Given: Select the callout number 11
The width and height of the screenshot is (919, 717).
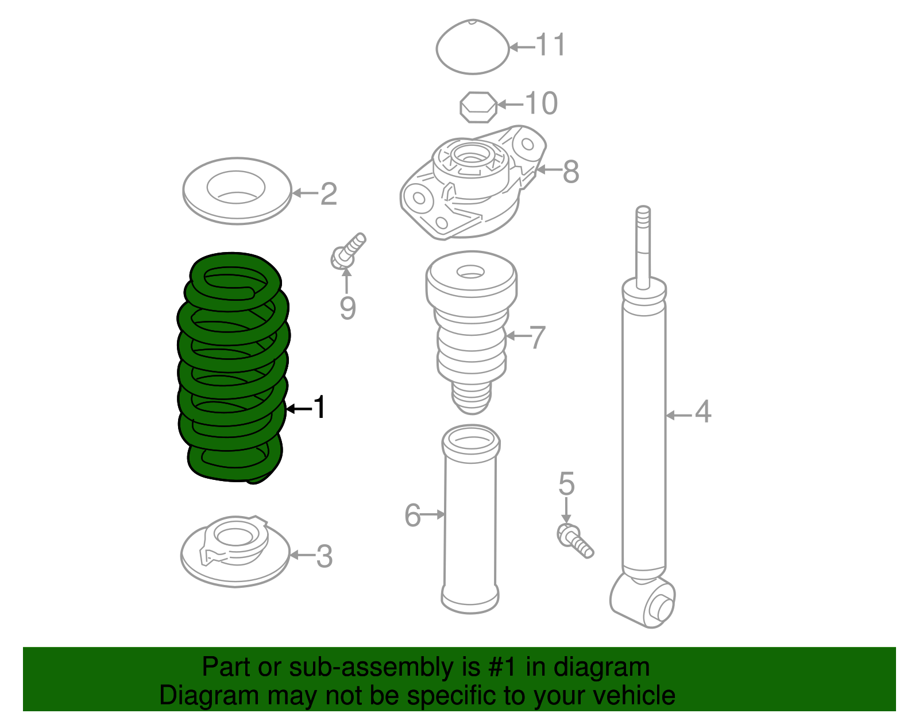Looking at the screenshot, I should pos(550,45).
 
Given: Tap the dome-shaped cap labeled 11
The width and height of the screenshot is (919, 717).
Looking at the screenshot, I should pos(472,48).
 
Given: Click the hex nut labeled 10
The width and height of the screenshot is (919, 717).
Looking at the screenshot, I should pos(478,107).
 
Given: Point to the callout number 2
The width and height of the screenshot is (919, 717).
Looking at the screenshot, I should pos(329,194).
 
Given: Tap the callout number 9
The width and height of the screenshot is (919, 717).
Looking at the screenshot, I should pos(347,309).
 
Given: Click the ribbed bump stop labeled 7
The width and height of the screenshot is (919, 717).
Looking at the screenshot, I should pos(471,333).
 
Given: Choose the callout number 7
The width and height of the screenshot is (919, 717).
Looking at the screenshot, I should pos(537,338).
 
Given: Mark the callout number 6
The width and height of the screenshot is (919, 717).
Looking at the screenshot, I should pos(412,516).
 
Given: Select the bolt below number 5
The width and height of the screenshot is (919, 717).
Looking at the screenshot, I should pos(574,540).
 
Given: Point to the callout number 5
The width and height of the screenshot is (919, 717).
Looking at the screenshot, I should pos(566,484).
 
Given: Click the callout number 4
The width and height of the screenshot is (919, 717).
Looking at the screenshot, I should pos(703,412).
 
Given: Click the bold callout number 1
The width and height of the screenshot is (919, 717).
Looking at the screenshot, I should pos(319,408).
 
